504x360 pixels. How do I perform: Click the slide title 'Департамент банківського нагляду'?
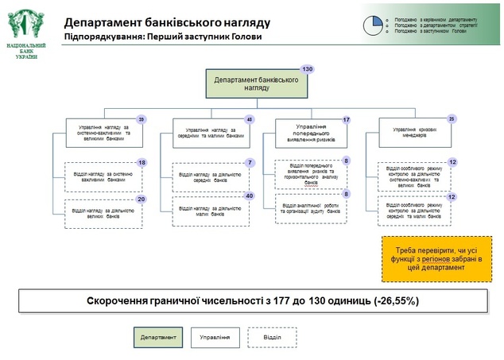point(168,22)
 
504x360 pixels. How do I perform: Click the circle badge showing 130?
point(307,70)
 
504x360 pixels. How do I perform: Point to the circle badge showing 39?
point(142,119)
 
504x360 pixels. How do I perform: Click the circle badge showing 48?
point(249,119)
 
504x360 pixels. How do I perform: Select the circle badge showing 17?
point(346,119)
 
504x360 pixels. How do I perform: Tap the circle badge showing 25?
point(452,119)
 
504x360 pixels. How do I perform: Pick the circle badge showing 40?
point(249,195)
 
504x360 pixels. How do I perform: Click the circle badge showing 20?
point(142,199)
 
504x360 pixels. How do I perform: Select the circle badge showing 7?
point(249,163)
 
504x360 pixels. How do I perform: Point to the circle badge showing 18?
point(142,163)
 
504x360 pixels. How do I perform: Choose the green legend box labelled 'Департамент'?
point(158,338)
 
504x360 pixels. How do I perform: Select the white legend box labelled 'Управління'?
point(215,338)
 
